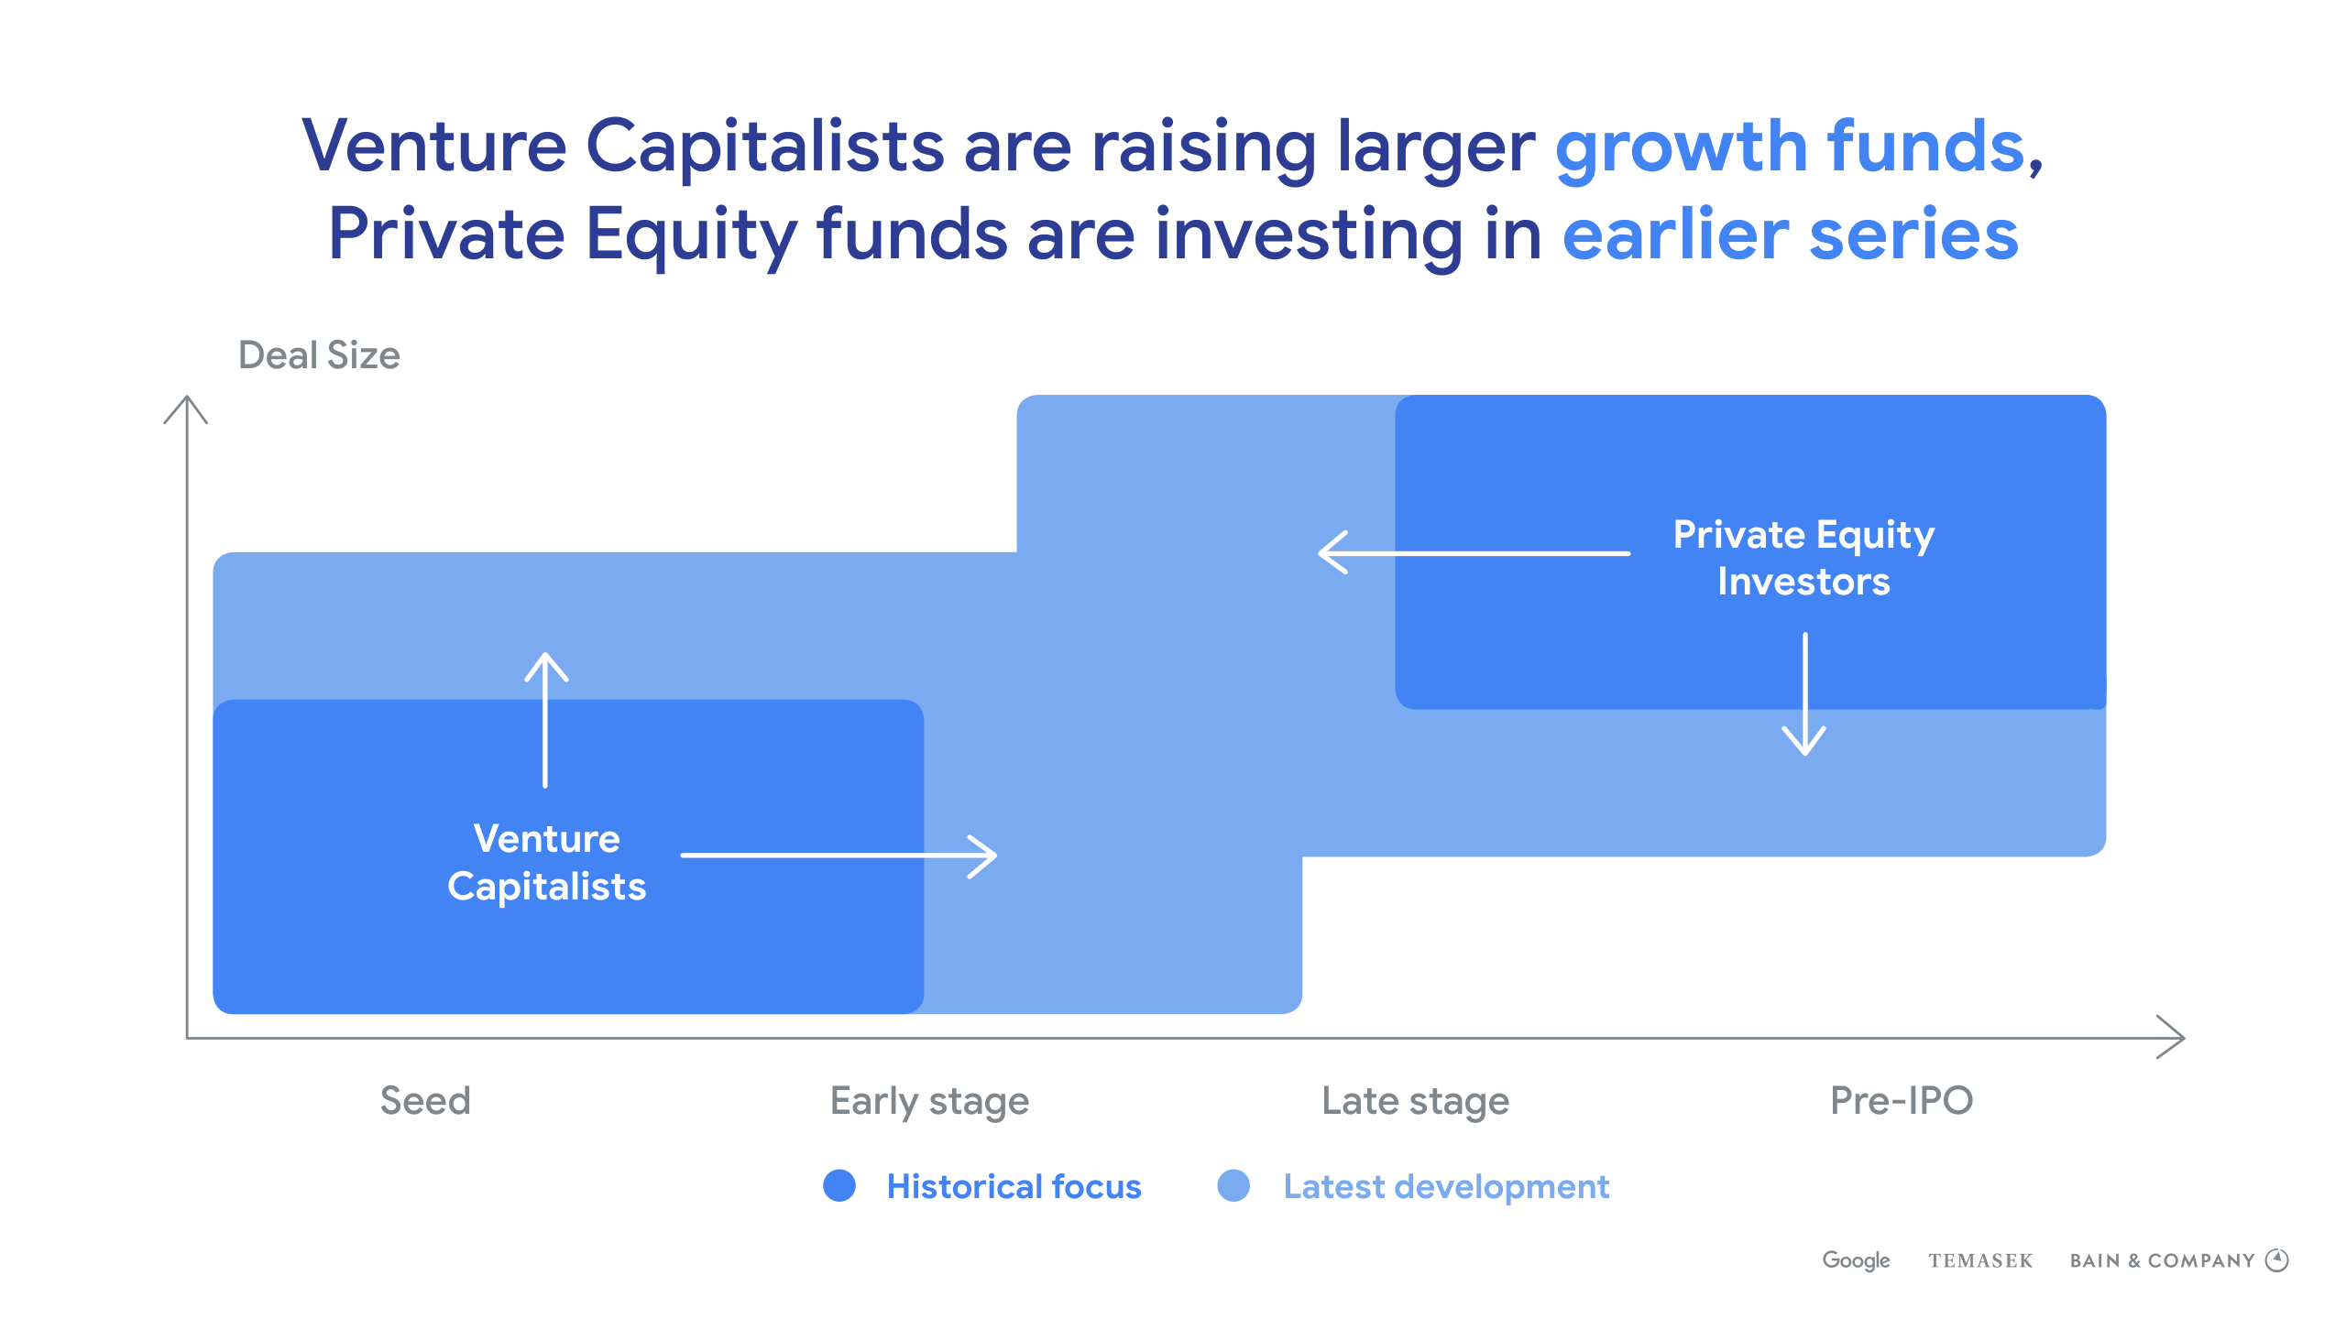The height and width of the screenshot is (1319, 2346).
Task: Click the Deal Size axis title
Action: point(319,355)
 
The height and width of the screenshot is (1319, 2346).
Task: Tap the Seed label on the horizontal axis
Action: point(425,1100)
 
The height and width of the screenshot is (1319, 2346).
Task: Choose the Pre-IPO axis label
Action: point(1902,1100)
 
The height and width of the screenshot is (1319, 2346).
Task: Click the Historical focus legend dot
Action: point(839,1185)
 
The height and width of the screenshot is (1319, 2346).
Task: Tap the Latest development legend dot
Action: point(1233,1185)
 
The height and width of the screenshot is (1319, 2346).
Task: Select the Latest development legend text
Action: point(1446,1187)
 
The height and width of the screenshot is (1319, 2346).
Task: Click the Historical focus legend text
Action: point(1014,1186)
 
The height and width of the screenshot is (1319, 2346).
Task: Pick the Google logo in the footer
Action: point(1856,1260)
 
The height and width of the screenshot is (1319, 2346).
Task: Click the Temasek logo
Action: point(1980,1261)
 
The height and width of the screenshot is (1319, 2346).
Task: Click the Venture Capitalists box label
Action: point(547,863)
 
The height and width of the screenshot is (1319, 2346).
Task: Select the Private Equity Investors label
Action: point(1803,558)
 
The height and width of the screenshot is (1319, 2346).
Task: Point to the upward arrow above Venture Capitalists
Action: point(546,720)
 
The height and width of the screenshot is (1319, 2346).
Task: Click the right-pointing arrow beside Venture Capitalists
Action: point(839,856)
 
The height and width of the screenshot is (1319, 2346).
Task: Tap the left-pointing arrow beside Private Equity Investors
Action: point(1474,552)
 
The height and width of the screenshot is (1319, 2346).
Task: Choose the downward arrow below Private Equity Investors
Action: point(1804,693)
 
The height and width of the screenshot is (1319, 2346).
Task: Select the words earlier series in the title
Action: point(1791,234)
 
